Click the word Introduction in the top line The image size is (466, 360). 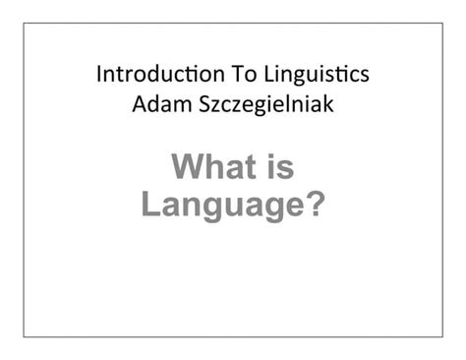[x=150, y=75]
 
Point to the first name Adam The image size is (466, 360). [x=155, y=102]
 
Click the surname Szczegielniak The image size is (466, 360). [x=260, y=104]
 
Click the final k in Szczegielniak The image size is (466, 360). [x=330, y=102]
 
